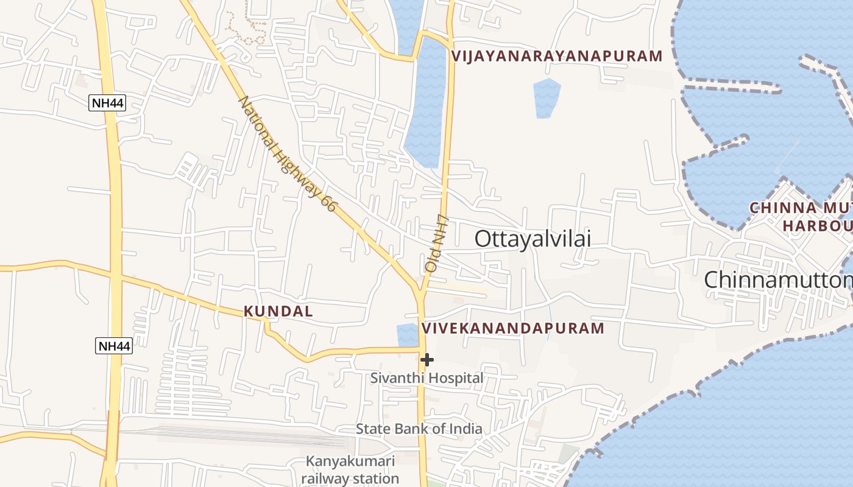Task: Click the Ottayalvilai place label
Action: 533,239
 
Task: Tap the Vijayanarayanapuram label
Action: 556,57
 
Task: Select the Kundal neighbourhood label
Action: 278,312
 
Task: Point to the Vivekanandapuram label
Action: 512,329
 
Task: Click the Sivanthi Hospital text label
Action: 426,378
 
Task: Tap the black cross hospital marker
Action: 427,360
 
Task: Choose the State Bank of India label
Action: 419,429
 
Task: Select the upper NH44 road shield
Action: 107,103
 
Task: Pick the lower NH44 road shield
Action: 114,346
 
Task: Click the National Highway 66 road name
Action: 286,153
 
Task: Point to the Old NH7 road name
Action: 436,243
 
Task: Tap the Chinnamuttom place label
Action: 777,280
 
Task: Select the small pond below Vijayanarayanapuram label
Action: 546,97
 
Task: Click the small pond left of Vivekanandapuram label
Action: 406,335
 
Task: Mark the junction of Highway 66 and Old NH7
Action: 420,291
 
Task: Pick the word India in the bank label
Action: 465,429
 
